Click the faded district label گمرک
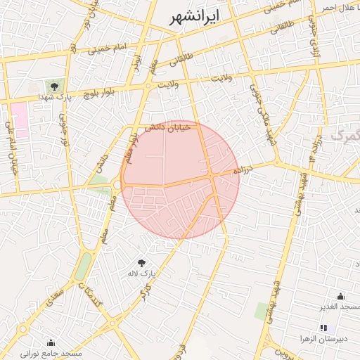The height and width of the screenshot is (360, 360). pyautogui.click(x=345, y=134)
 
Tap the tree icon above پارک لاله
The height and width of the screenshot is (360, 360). pyautogui.click(x=142, y=262)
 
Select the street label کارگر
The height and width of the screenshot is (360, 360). pyautogui.click(x=146, y=290)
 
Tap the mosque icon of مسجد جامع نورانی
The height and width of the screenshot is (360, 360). pyautogui.click(x=51, y=342)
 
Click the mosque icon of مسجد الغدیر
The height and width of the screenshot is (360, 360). pyautogui.click(x=341, y=296)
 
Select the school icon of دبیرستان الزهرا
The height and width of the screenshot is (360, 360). pyautogui.click(x=323, y=328)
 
